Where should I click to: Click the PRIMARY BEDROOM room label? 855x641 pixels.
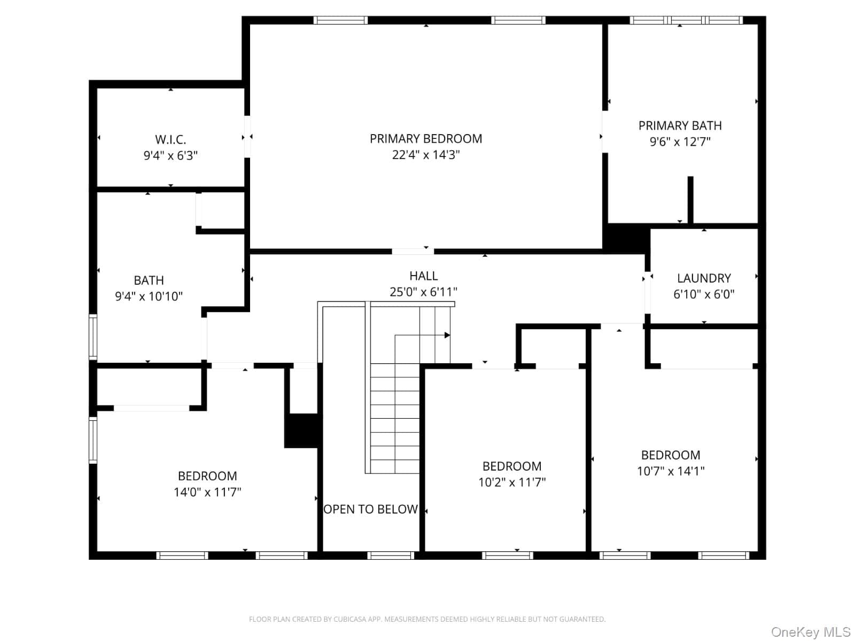(x=426, y=138)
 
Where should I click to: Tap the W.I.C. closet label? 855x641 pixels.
(x=170, y=139)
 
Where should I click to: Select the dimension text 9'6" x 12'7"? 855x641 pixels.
(x=680, y=142)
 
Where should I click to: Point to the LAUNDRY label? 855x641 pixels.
(x=703, y=278)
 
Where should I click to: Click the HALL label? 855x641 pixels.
(x=423, y=276)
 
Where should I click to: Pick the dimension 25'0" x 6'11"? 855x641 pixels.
(x=423, y=292)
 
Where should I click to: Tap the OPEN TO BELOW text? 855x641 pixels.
(x=370, y=509)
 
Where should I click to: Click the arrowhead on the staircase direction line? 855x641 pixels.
(x=447, y=335)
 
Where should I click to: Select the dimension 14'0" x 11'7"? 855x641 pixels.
(x=207, y=493)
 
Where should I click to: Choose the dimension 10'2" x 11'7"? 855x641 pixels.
(x=512, y=482)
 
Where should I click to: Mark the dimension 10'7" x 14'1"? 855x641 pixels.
(x=670, y=471)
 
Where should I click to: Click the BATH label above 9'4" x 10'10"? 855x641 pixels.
(x=149, y=280)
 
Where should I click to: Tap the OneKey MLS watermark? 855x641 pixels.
(x=811, y=632)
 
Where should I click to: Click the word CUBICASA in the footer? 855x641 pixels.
(x=348, y=619)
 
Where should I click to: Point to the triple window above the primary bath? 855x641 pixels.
(x=686, y=20)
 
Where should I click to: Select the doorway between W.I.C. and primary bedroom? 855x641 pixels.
(x=247, y=137)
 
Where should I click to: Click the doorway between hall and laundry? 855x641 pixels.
(x=647, y=292)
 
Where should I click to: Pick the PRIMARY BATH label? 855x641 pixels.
(x=680, y=126)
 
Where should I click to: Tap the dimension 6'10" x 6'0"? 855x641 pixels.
(x=703, y=294)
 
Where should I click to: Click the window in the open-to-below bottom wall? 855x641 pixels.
(x=391, y=556)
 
